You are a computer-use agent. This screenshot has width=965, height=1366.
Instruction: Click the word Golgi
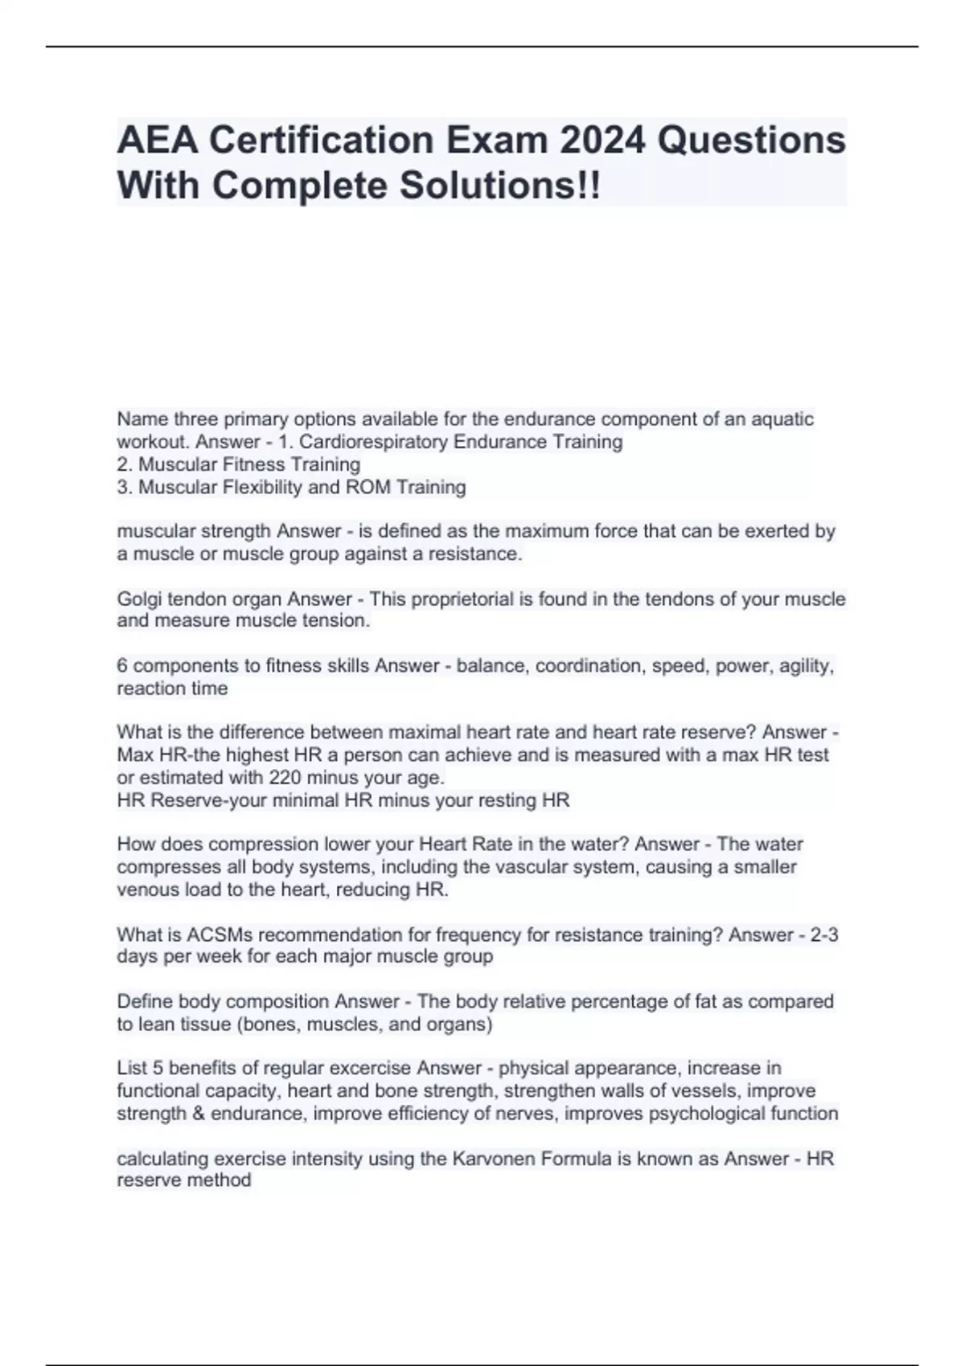point(138,599)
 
